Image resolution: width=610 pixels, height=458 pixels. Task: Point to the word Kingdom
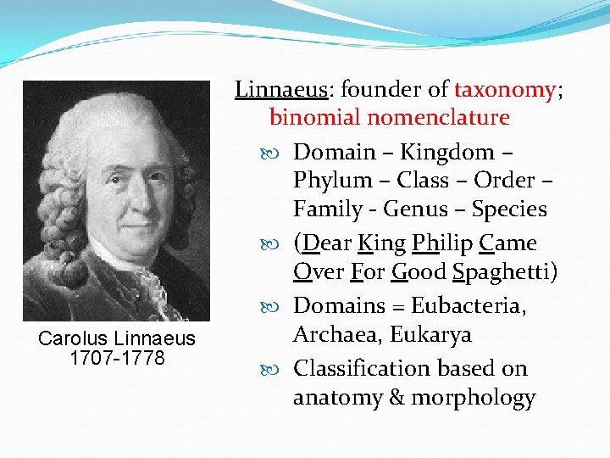[446, 152]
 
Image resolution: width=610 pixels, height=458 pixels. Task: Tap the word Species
[509, 209]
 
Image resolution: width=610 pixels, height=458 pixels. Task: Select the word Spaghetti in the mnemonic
[506, 272]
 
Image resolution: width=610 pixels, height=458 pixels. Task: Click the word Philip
[441, 243]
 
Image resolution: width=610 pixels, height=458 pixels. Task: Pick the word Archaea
[335, 335]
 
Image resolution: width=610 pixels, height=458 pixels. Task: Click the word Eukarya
[430, 335]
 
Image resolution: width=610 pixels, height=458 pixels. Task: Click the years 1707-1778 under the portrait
[117, 357]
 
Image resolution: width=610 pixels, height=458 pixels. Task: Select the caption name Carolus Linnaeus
[117, 339]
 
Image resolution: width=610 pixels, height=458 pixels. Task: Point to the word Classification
[363, 369]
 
